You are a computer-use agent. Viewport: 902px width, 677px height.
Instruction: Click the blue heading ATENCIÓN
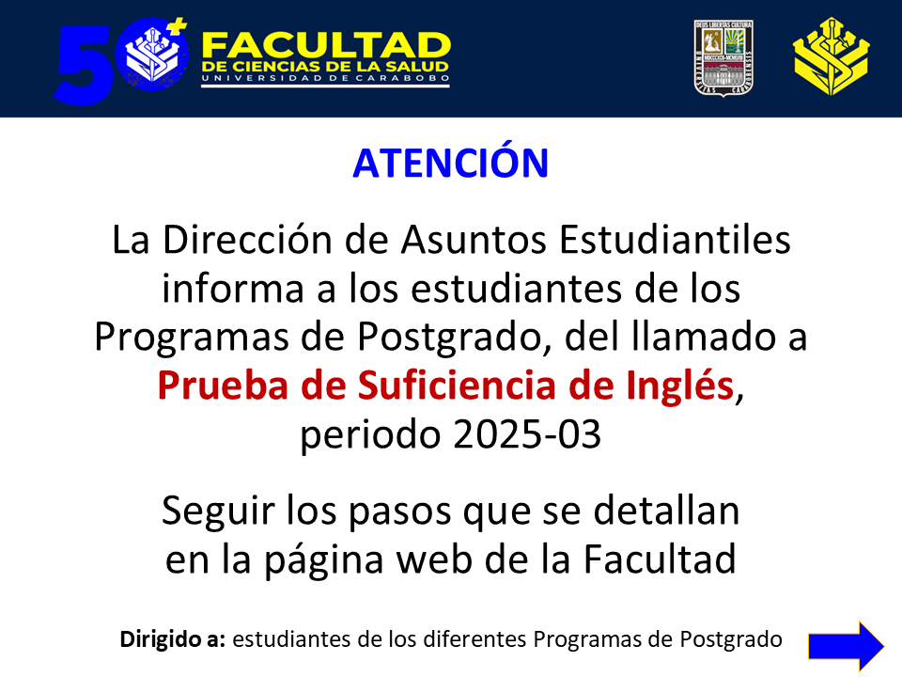click(450, 163)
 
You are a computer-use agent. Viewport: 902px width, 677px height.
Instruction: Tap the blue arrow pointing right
click(846, 646)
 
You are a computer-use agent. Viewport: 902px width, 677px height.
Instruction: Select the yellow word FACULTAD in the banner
click(326, 45)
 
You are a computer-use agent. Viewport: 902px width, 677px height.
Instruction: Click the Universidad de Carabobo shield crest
click(723, 58)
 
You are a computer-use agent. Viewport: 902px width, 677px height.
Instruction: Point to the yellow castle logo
click(831, 56)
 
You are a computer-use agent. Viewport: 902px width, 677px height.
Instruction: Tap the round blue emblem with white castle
click(152, 55)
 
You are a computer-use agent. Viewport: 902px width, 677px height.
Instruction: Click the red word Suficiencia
click(457, 385)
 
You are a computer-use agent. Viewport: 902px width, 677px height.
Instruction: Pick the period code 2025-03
click(527, 434)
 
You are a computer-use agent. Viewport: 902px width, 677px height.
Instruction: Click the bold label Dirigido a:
click(173, 639)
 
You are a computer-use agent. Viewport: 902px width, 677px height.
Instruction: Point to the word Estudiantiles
click(675, 240)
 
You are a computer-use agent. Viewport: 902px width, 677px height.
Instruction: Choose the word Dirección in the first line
click(247, 240)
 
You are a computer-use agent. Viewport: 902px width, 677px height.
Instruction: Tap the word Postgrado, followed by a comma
click(455, 338)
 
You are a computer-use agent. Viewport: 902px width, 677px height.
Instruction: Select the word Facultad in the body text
click(660, 559)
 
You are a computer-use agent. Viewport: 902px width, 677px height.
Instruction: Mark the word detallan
click(666, 511)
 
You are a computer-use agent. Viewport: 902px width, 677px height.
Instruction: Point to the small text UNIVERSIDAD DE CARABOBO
click(326, 78)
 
